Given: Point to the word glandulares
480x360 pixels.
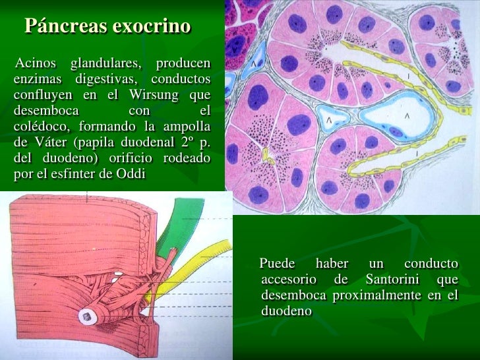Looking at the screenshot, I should [x=105, y=63].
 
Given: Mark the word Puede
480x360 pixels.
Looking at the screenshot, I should [x=278, y=264].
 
